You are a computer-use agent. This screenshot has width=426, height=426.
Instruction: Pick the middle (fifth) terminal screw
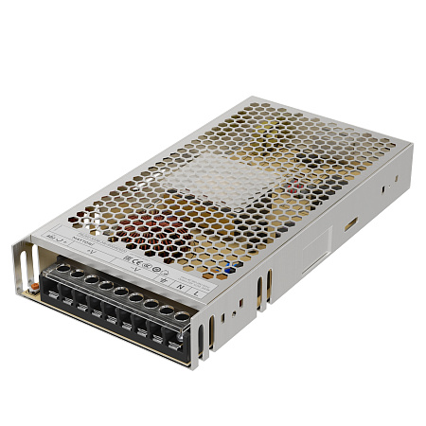tap(120, 293)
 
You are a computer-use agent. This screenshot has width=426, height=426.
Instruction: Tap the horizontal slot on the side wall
tap(351, 224)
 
